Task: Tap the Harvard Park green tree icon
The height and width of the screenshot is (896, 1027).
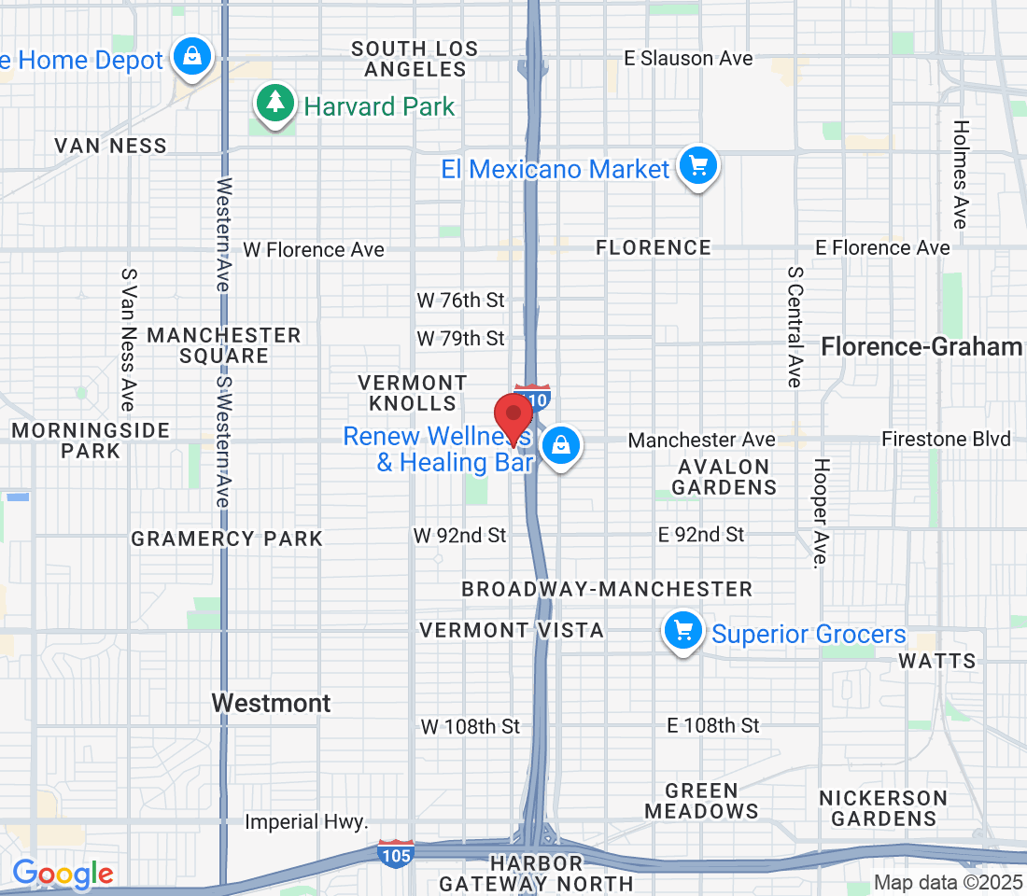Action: click(x=274, y=103)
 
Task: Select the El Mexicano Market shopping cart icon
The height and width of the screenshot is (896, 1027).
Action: click(x=697, y=167)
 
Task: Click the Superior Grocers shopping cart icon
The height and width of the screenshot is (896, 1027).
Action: click(x=683, y=632)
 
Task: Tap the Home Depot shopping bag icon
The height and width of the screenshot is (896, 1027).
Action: click(x=191, y=57)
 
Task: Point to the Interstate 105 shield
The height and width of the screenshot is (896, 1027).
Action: click(x=396, y=853)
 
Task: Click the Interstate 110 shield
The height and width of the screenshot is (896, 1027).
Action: click(x=533, y=397)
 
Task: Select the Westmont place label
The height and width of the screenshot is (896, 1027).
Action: click(x=271, y=703)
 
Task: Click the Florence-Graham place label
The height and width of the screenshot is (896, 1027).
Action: click(x=921, y=347)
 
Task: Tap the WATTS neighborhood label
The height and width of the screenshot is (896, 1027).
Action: click(x=936, y=661)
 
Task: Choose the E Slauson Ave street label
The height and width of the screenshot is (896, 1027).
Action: click(x=688, y=58)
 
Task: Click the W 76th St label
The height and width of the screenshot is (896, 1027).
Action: click(x=460, y=300)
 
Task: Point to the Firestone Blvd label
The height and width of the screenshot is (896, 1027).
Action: click(x=946, y=439)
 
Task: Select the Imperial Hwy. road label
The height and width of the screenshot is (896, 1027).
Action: click(x=307, y=822)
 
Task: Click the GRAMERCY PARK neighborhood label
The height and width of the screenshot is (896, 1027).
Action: click(x=227, y=539)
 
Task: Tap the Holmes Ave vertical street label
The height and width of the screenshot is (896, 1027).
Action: click(x=961, y=175)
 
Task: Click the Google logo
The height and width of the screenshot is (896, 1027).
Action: click(x=63, y=875)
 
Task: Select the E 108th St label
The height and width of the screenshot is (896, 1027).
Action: click(x=713, y=725)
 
